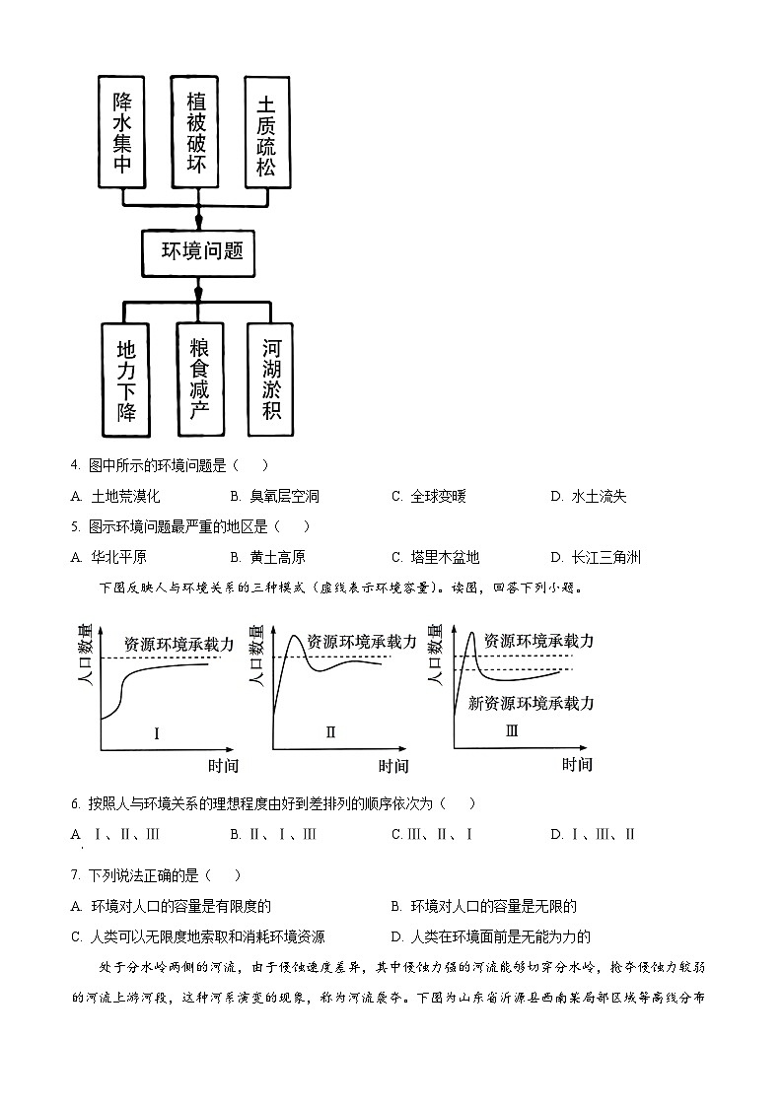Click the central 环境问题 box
[201, 252]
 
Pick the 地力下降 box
[125, 379]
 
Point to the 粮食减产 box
[200, 379]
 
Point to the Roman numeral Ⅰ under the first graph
[156, 732]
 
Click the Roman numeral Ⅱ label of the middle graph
[330, 732]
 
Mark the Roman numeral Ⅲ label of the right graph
[511, 731]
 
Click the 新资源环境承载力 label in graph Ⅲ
[531, 703]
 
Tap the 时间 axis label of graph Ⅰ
[223, 765]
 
